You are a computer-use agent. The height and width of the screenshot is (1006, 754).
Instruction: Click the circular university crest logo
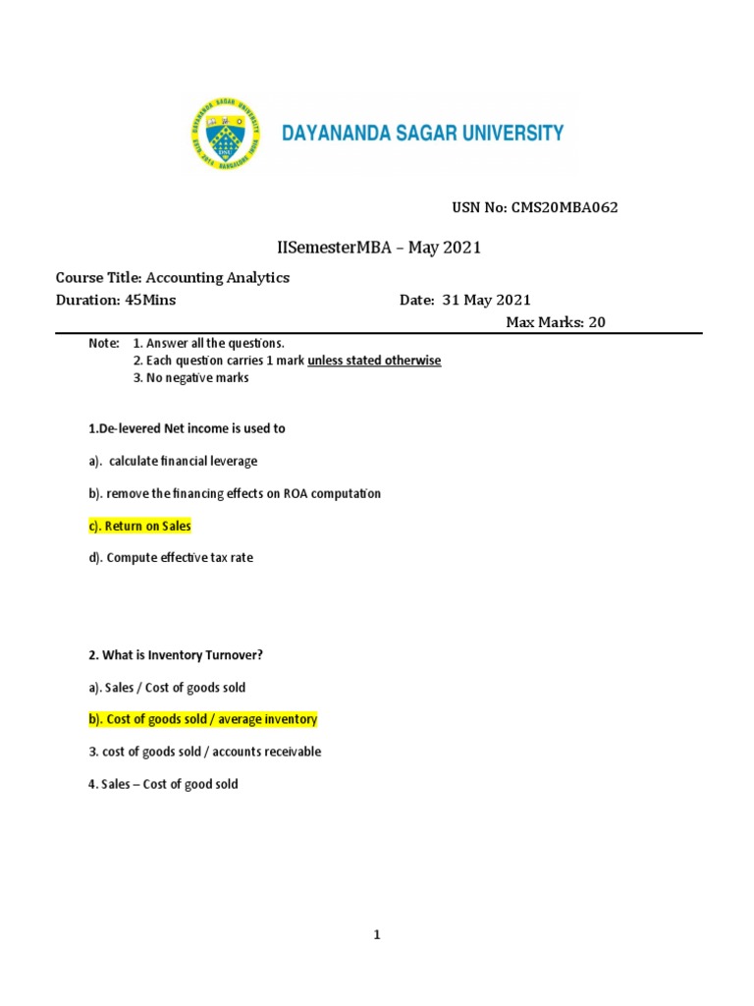click(x=222, y=133)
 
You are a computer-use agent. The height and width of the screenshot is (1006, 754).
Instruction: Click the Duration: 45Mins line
click(x=116, y=301)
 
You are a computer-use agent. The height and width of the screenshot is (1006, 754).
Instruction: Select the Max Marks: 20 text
click(x=556, y=322)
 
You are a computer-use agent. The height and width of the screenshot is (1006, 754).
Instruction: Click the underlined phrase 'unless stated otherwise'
click(x=374, y=361)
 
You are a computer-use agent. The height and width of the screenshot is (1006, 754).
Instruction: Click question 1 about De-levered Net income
click(x=187, y=429)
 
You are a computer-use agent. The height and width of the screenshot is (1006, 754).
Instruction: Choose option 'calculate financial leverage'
click(x=173, y=461)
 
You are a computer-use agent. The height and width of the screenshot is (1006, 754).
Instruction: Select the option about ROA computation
click(x=235, y=493)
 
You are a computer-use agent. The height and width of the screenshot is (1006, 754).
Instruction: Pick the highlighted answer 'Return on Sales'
click(x=140, y=526)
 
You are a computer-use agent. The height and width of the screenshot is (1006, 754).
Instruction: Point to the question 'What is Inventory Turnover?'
click(x=176, y=655)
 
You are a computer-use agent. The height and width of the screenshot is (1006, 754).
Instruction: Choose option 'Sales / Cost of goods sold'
click(x=167, y=687)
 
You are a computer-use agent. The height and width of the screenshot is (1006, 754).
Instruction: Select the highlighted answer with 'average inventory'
click(x=203, y=719)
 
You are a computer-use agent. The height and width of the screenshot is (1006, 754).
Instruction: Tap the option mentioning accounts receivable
click(x=204, y=752)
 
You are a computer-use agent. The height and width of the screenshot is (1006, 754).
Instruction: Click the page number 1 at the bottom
click(x=376, y=936)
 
